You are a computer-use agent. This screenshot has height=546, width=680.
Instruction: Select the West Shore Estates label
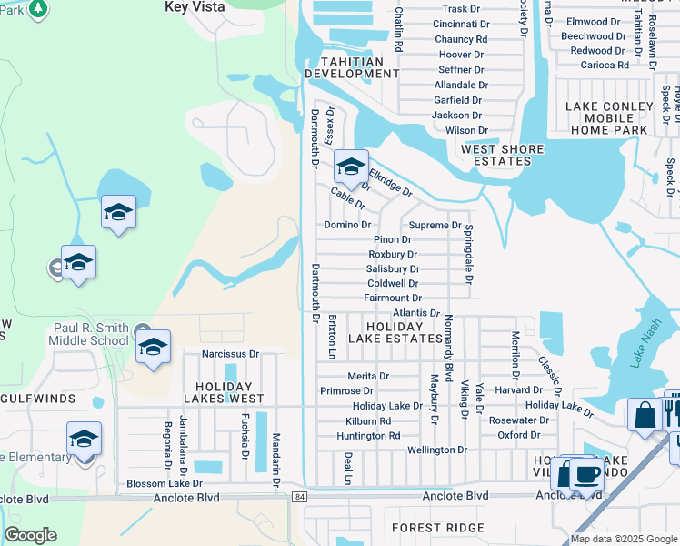pyautogui.click(x=502, y=155)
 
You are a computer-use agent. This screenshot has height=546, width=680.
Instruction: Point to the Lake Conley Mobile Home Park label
pyautogui.click(x=609, y=118)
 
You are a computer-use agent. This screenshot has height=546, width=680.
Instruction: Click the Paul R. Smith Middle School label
pyautogui.click(x=91, y=334)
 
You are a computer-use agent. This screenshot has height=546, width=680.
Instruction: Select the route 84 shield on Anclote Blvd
pyautogui.click(x=299, y=497)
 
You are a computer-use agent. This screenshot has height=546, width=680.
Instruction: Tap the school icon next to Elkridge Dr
pyautogui.click(x=350, y=167)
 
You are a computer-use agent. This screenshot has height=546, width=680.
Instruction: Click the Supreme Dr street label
pyautogui.click(x=435, y=225)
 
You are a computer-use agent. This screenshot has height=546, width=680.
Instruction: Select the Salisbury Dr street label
pyautogui.click(x=392, y=268)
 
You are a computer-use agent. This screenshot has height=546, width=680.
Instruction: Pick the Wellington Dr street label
pyautogui.click(x=436, y=450)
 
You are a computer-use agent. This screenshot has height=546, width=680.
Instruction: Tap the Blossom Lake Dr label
pyautogui.click(x=163, y=483)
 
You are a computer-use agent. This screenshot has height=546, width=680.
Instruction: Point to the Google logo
pyautogui.click(x=30, y=535)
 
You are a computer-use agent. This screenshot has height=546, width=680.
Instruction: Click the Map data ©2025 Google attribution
pyautogui.click(x=623, y=539)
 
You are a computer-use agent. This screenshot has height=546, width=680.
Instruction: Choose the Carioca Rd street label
pyautogui.click(x=599, y=66)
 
